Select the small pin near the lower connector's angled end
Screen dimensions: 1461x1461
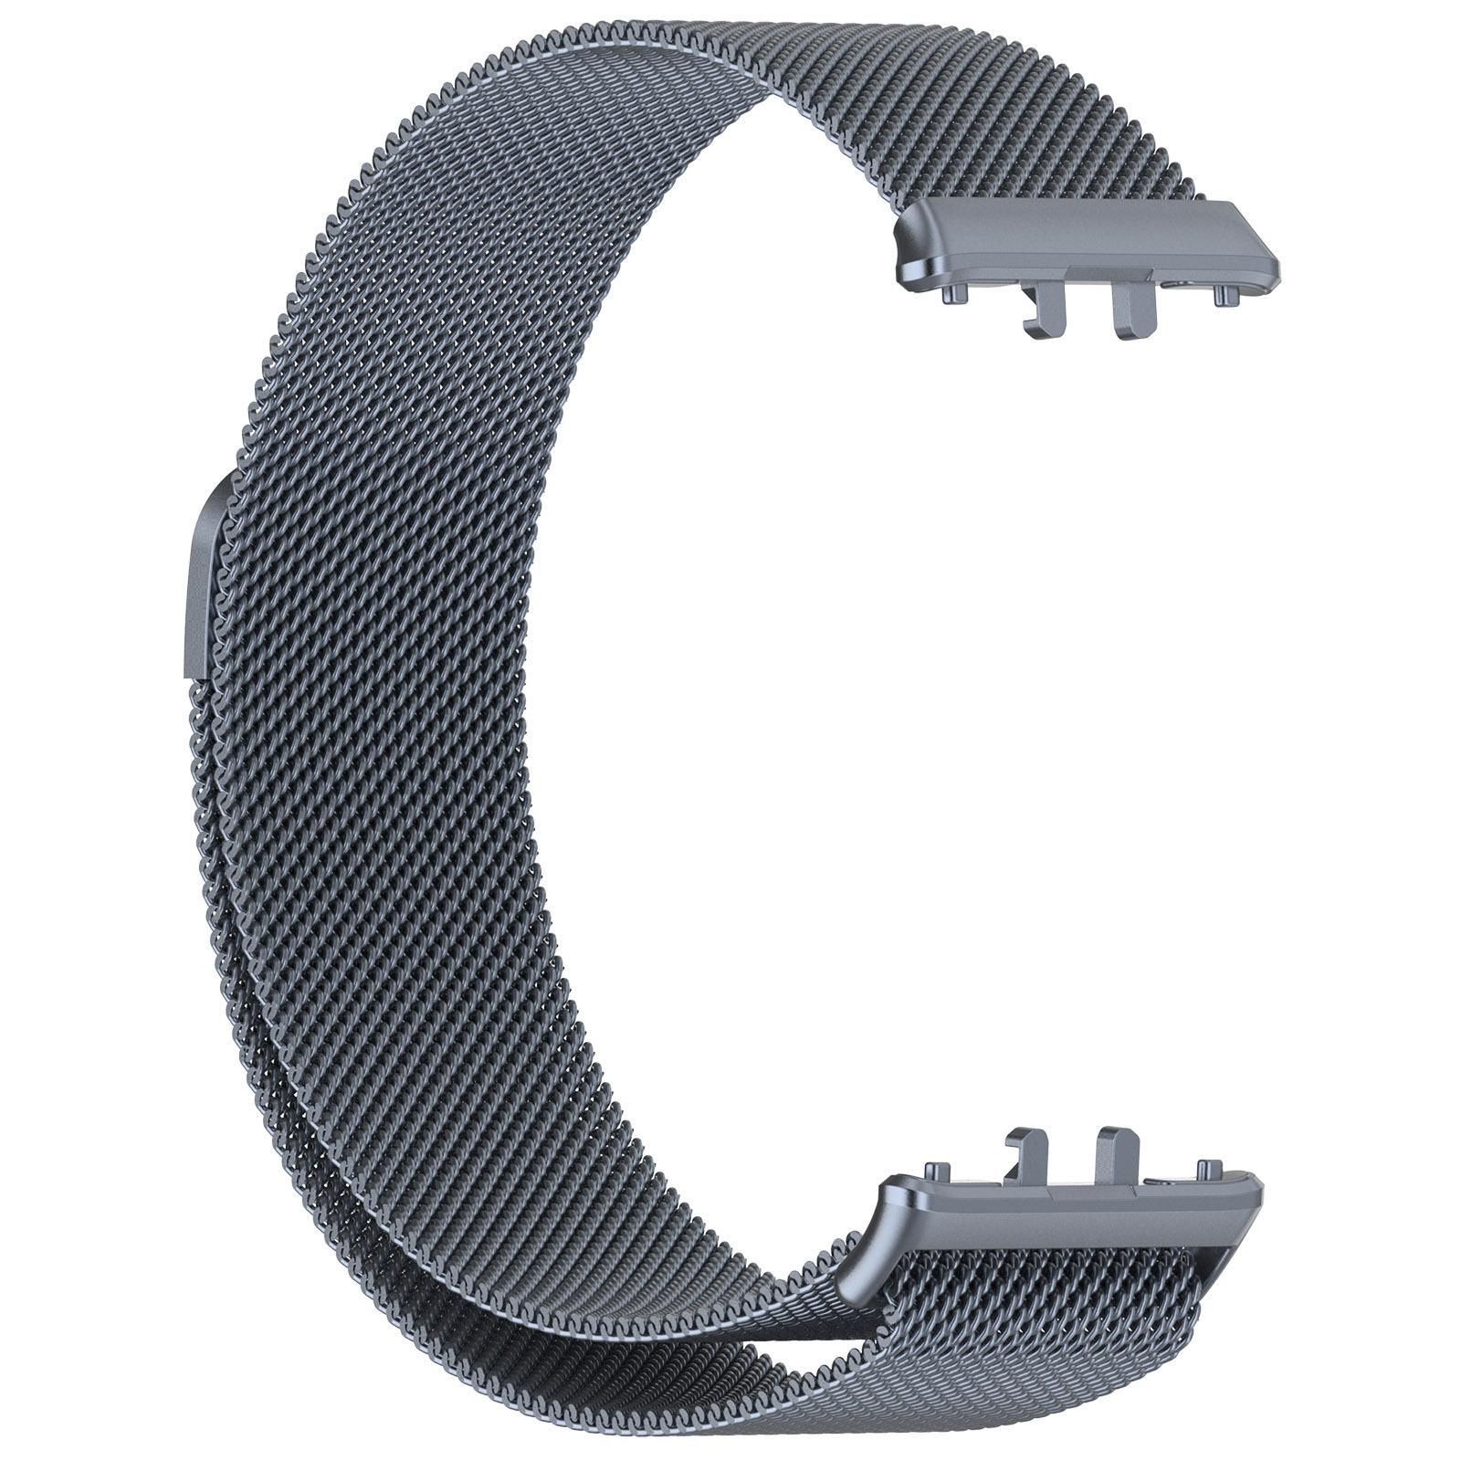1208,1168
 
